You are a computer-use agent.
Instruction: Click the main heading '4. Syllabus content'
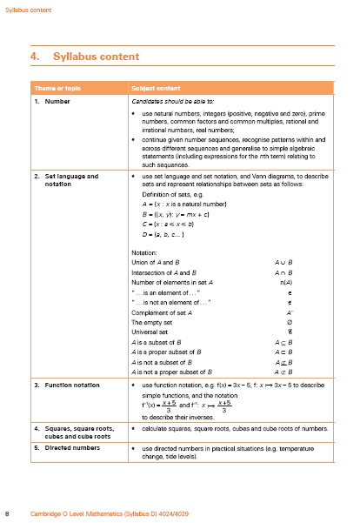click(83, 57)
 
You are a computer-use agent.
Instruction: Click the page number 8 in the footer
click(8, 513)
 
